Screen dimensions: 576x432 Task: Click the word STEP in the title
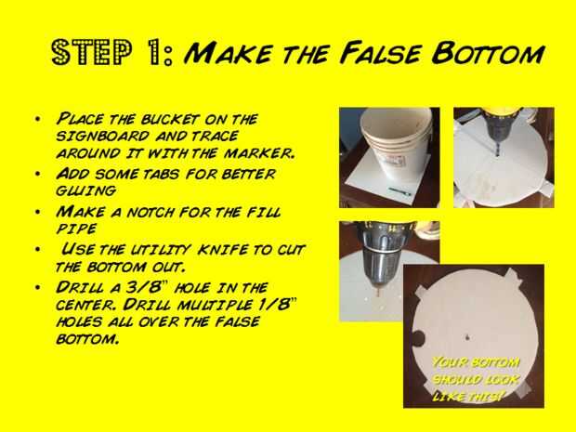91,53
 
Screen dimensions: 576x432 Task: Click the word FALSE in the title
380,53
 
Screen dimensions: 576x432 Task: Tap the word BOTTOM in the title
488,54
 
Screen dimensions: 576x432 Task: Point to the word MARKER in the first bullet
259,153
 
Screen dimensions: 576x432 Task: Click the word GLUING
86,190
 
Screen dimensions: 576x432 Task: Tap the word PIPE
76,229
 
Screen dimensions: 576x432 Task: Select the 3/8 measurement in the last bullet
142,287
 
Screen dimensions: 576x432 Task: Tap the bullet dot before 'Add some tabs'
37,174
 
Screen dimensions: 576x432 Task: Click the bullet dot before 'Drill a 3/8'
37,287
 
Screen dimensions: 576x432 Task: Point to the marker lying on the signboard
400,191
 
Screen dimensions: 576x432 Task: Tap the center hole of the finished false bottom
467,337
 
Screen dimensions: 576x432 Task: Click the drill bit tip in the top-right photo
497,154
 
